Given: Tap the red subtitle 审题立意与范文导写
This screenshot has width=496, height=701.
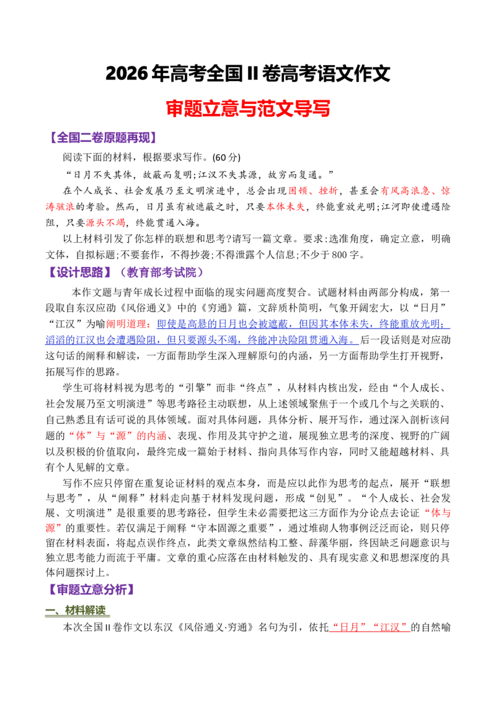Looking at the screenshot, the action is tap(248, 108).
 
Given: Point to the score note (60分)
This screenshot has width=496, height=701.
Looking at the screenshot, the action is tap(226, 157).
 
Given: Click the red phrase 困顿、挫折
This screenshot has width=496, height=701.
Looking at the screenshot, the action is tap(313, 191).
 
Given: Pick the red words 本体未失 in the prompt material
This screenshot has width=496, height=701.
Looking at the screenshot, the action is tap(286, 207).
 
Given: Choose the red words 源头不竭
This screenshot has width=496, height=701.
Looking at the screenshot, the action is tap(105, 223).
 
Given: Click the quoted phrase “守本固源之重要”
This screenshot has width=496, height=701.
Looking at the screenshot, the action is tap(236, 528).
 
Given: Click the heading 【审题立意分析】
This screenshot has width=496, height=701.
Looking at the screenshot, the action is tap(91, 590).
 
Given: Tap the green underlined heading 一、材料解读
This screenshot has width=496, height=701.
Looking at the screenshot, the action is tap(76, 610).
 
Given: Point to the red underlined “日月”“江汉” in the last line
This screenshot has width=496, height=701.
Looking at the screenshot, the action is tap(370, 628).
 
